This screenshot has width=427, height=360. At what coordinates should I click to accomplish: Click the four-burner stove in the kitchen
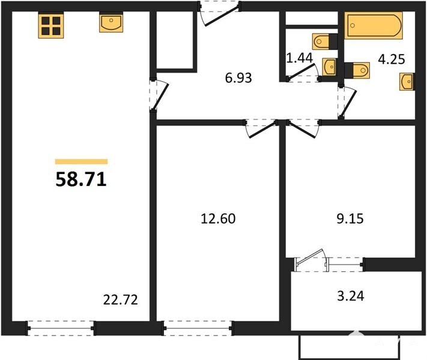pyautogui.click(x=51, y=26)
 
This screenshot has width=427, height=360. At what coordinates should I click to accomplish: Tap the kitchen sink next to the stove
pyautogui.click(x=111, y=22)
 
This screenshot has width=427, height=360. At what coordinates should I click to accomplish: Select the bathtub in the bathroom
pyautogui.click(x=374, y=25)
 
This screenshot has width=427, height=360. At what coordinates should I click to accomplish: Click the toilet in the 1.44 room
pyautogui.click(x=325, y=41)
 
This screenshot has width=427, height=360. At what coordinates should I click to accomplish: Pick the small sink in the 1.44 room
pyautogui.click(x=330, y=67)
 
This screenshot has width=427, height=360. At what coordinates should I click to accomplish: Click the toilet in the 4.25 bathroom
pyautogui.click(x=357, y=70)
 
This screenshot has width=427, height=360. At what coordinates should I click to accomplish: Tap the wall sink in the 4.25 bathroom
pyautogui.click(x=407, y=82)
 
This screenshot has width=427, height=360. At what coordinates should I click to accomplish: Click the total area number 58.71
pyautogui.click(x=81, y=179)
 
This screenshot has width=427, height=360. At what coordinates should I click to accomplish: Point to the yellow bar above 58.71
pyautogui.click(x=81, y=161)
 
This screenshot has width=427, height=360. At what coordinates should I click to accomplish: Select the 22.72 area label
pyautogui.click(x=121, y=300)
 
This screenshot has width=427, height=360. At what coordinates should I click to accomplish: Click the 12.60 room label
pyautogui.click(x=218, y=218)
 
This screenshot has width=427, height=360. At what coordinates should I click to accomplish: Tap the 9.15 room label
pyautogui.click(x=350, y=218)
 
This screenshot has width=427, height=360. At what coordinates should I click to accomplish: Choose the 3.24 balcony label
pyautogui.click(x=351, y=296)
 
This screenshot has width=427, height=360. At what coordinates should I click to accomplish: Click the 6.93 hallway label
pyautogui.click(x=238, y=78)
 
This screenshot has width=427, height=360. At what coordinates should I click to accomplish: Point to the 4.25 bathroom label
pyautogui.click(x=392, y=59)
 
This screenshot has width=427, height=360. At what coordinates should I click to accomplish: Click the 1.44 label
pyautogui.click(x=300, y=58)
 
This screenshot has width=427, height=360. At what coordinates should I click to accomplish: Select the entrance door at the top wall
pyautogui.click(x=219, y=14)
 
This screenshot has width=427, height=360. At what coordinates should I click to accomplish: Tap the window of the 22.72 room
pyautogui.click(x=61, y=328)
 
